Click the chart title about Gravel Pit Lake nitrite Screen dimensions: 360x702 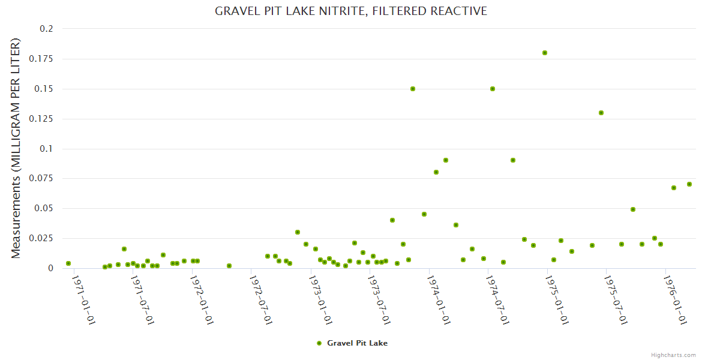point(351,11)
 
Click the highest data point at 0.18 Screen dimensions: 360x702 point(545,53)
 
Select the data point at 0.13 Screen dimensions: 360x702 point(601,113)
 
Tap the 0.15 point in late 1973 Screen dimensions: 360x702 point(413,89)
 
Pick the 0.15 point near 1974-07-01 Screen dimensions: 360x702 point(493,89)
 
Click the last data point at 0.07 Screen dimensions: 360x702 point(689,184)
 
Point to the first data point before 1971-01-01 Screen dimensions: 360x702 point(68,263)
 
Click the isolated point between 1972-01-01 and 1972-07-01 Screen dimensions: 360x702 point(229,266)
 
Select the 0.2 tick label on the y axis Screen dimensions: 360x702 point(47,29)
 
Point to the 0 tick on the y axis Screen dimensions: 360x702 point(50,268)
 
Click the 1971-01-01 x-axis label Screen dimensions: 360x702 point(83,299)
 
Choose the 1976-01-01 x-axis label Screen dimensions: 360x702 point(676,299)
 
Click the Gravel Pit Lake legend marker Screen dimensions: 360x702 point(319,343)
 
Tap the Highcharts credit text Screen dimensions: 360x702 point(673,355)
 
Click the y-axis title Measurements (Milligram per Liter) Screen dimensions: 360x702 point(16,148)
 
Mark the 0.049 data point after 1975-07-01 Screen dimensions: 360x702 point(633,209)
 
